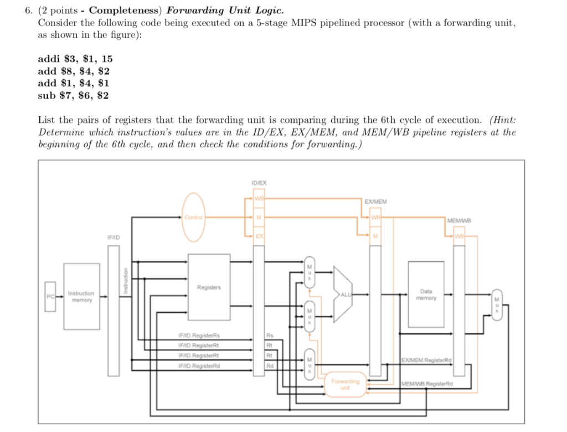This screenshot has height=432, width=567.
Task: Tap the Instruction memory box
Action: (81, 296)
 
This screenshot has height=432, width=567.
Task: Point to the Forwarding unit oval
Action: (346, 384)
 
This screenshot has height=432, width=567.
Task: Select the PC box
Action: (51, 296)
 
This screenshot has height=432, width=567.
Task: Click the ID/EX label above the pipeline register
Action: (259, 182)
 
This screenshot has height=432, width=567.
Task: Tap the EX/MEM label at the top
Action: (376, 202)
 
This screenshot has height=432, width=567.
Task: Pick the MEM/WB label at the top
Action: (458, 220)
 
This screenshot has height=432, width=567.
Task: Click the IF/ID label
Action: (114, 237)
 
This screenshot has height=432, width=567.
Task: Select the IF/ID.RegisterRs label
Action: (199, 335)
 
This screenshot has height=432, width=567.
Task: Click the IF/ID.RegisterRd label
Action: (199, 366)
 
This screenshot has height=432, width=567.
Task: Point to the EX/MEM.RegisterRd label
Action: (427, 360)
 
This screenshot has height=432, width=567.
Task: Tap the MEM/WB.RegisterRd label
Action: (427, 383)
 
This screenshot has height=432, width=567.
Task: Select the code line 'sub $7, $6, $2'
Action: (73, 95)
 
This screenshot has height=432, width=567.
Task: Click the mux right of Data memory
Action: (497, 304)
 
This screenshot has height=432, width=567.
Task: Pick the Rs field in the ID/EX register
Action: (270, 335)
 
